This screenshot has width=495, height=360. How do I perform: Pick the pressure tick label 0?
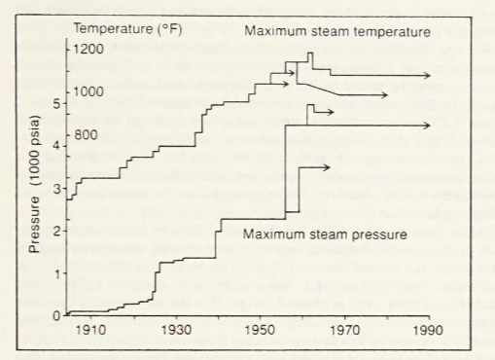tap(56, 314)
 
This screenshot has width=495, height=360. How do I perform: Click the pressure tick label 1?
tap(56, 272)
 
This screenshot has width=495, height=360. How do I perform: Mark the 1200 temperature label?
tap(91, 49)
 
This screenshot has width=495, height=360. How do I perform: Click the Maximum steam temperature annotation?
tap(336, 32)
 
